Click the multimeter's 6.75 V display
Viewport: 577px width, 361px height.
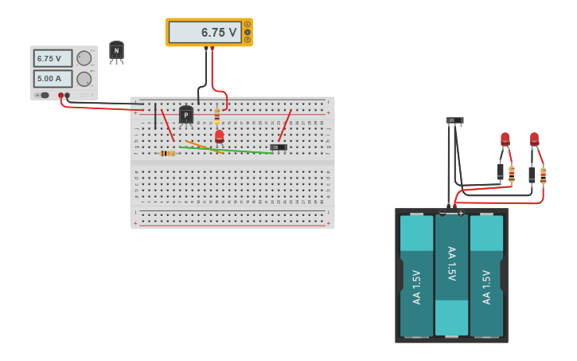click(205, 33)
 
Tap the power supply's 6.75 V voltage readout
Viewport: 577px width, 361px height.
click(53, 58)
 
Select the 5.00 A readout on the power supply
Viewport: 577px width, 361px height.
click(53, 79)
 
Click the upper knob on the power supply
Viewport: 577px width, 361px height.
click(84, 58)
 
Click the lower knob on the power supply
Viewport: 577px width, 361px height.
click(84, 79)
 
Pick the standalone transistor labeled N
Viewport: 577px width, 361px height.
click(116, 51)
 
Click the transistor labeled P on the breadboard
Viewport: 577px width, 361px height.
click(186, 116)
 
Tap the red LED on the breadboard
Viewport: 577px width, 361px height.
click(219, 136)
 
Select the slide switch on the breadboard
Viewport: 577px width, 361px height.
click(279, 147)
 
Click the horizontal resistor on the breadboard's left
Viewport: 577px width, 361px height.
click(167, 153)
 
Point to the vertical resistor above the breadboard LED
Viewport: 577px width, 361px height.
click(216, 116)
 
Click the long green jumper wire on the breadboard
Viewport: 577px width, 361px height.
click(227, 150)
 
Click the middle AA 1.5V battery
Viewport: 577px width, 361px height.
click(451, 275)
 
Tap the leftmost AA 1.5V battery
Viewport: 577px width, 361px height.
click(416, 275)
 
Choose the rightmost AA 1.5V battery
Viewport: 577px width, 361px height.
click(486, 275)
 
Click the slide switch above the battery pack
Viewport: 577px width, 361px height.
click(454, 121)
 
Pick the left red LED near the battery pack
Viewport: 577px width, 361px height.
click(505, 139)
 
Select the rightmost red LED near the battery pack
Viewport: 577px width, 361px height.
click(534, 139)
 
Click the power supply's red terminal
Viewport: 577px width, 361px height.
click(60, 96)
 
